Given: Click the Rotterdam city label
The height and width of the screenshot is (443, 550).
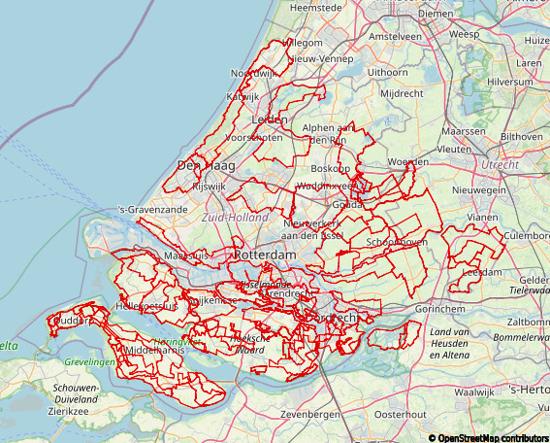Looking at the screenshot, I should (x=264, y=254).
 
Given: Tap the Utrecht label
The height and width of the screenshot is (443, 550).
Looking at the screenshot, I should (x=500, y=164).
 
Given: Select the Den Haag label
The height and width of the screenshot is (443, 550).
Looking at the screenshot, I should (x=201, y=166).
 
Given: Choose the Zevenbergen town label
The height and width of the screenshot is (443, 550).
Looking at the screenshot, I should (x=309, y=414).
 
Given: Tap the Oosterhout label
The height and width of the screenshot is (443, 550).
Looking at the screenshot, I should (x=400, y=414).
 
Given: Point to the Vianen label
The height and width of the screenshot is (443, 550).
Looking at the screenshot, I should (x=481, y=218).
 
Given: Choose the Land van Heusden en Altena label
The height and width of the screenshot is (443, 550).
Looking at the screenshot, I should (x=457, y=341).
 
